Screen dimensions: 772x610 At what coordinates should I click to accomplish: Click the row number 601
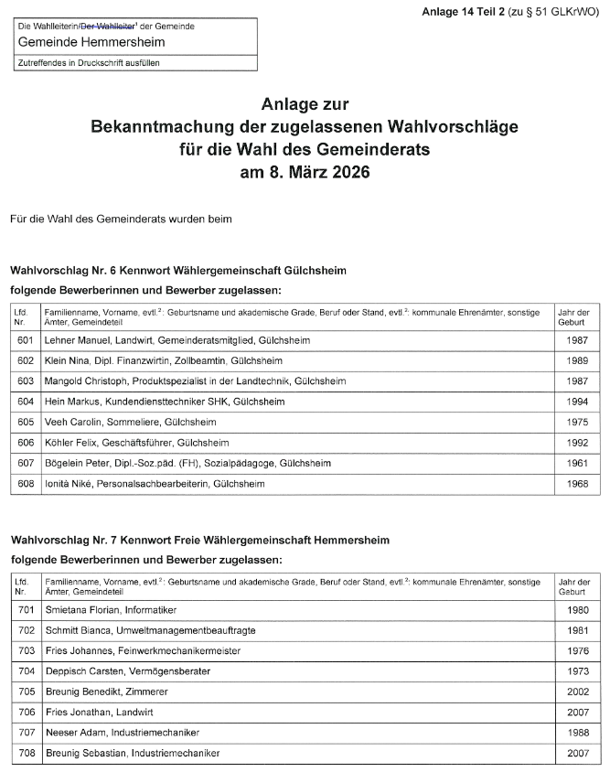[26, 340]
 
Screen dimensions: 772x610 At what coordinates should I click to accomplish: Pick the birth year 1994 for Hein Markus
[577, 402]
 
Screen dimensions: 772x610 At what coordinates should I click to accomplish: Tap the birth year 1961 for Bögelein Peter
[577, 464]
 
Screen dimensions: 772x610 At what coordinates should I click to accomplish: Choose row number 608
[26, 484]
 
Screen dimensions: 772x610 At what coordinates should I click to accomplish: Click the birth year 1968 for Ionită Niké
[577, 484]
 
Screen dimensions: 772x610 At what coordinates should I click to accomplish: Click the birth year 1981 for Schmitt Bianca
[577, 630]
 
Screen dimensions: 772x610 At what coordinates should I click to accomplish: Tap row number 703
[26, 651]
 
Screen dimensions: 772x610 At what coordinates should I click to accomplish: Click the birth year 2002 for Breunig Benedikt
[577, 692]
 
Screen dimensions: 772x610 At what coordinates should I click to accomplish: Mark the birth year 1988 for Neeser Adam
[577, 733]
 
